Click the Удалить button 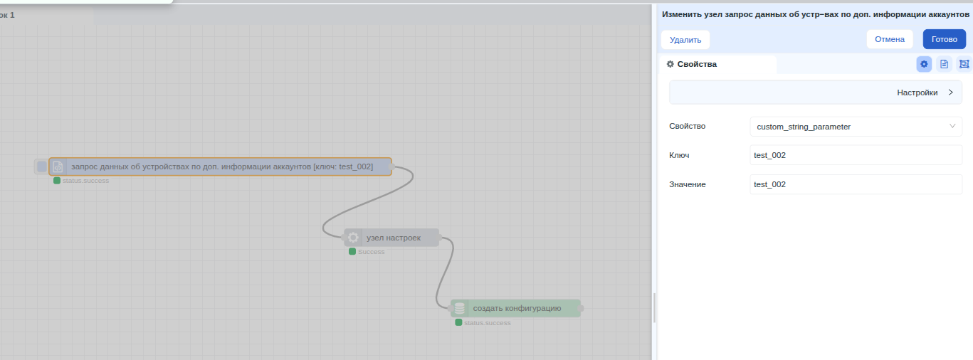click(x=685, y=40)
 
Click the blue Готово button click(x=944, y=39)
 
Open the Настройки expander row click(x=815, y=92)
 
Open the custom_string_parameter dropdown click(x=856, y=127)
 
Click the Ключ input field click(x=856, y=155)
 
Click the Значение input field click(x=856, y=184)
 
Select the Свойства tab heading click(x=692, y=64)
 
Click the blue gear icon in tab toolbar click(x=924, y=64)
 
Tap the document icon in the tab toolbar click(x=944, y=64)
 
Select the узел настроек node click(x=391, y=238)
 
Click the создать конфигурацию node click(x=515, y=308)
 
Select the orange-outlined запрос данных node click(x=220, y=166)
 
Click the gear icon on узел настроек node click(x=353, y=238)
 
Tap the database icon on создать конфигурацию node click(x=460, y=308)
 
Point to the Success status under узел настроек click(x=371, y=252)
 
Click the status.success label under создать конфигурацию click(x=488, y=323)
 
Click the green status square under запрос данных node click(x=57, y=181)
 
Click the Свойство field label click(x=687, y=126)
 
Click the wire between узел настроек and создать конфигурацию click(x=444, y=272)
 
